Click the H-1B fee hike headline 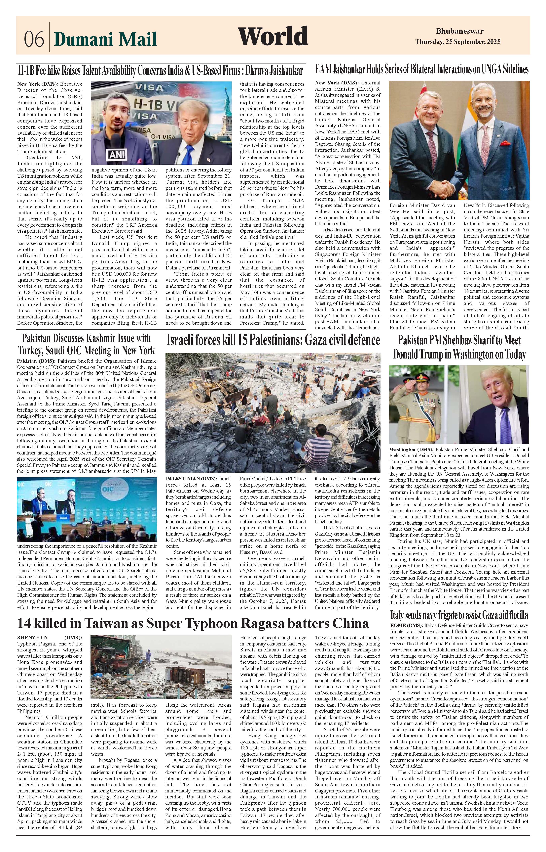coord(161,70)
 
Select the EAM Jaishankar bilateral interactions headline coord(422,69)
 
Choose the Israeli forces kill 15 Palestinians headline coord(273,340)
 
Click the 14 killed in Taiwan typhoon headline coord(193,623)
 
